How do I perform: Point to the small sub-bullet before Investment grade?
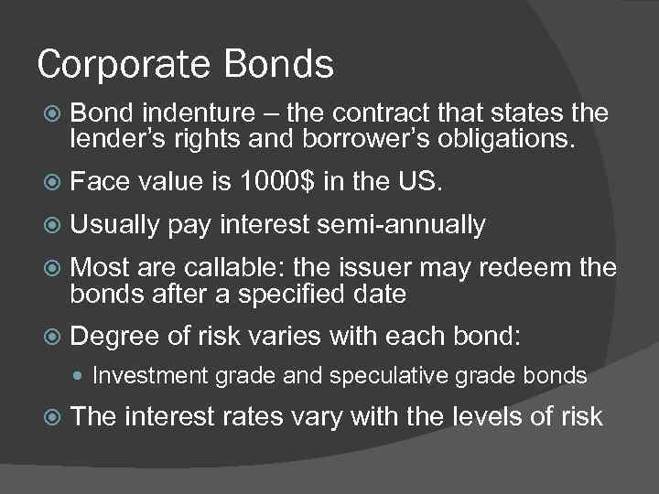(x=81, y=375)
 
